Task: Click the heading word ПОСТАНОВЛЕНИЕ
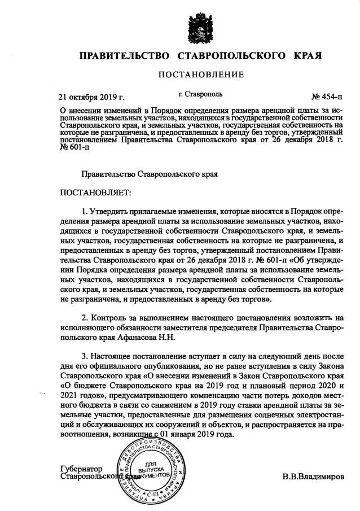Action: pos(200,75)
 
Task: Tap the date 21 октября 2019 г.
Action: pos(92,96)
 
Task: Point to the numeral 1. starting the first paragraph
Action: pos(85,211)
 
